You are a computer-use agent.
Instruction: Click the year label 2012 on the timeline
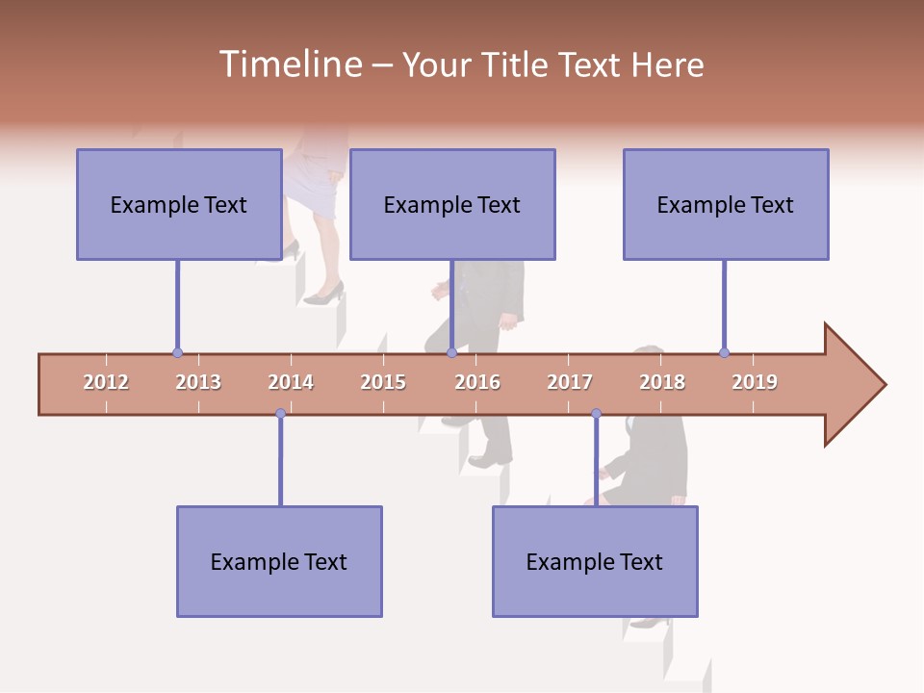(106, 382)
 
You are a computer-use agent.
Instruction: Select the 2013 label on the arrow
(198, 382)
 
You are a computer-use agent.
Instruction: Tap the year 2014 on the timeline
(291, 382)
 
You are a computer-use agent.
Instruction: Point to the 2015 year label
(383, 382)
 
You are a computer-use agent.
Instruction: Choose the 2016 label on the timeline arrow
(477, 382)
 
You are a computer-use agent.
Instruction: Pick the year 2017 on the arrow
(570, 382)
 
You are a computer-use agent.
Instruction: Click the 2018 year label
(662, 382)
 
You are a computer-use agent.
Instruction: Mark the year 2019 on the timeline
(755, 382)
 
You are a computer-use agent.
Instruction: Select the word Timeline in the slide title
(289, 64)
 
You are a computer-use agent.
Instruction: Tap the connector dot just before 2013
(177, 353)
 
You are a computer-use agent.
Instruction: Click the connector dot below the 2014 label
(280, 414)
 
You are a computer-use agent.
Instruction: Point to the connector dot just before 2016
(451, 353)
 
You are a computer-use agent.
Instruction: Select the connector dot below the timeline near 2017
(596, 414)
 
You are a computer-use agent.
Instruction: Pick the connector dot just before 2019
(724, 353)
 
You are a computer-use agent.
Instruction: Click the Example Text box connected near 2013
(179, 204)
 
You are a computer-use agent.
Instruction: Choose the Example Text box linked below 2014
(279, 561)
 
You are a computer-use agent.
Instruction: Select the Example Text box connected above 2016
(452, 204)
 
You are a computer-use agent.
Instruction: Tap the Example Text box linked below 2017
(595, 561)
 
